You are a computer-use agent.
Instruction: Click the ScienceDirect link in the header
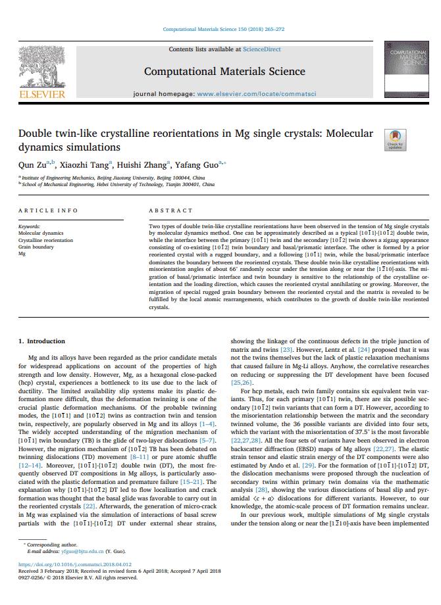(261, 49)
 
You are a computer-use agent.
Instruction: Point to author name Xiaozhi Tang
(86, 165)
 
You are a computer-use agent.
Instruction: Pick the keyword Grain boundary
(36, 247)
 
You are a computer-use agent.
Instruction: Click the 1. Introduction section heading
(41, 341)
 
